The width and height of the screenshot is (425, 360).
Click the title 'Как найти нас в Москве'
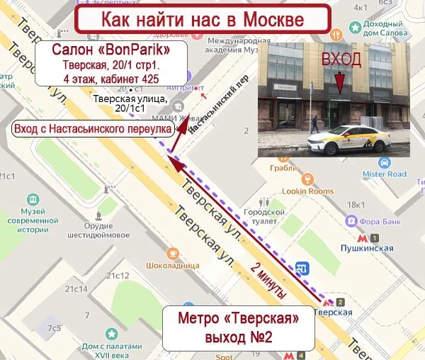(x=203, y=18)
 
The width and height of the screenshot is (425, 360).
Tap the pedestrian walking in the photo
(x=314, y=125)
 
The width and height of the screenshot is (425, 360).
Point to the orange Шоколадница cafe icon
(x=173, y=253)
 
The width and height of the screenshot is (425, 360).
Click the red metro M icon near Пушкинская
(x=363, y=239)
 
